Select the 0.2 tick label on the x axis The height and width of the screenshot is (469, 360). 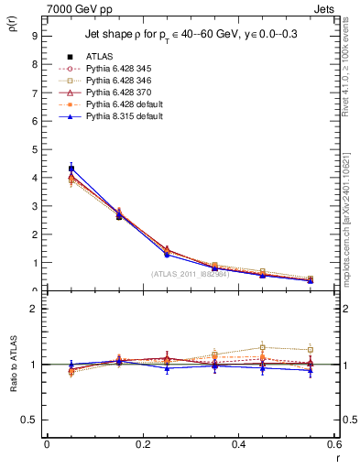click(142, 443)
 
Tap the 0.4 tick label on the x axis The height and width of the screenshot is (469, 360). click(238, 443)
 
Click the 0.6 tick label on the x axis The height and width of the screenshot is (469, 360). click(333, 443)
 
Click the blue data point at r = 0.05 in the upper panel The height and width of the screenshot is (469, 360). click(71, 169)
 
